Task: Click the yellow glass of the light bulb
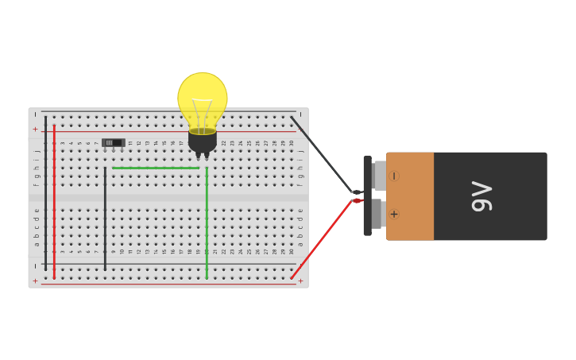(203, 97)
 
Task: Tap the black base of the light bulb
(203, 141)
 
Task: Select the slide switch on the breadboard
(114, 143)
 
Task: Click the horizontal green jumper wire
(155, 168)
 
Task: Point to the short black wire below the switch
(105, 219)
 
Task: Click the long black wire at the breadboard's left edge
(45, 191)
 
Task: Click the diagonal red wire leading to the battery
(322, 239)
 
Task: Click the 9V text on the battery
(482, 196)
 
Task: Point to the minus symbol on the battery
(394, 176)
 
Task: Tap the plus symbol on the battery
(394, 215)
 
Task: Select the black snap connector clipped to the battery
(367, 195)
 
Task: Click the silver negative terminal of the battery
(380, 176)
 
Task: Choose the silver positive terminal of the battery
(379, 214)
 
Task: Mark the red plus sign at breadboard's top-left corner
(35, 129)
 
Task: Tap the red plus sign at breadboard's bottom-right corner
(300, 281)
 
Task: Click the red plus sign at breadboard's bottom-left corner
(35, 281)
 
